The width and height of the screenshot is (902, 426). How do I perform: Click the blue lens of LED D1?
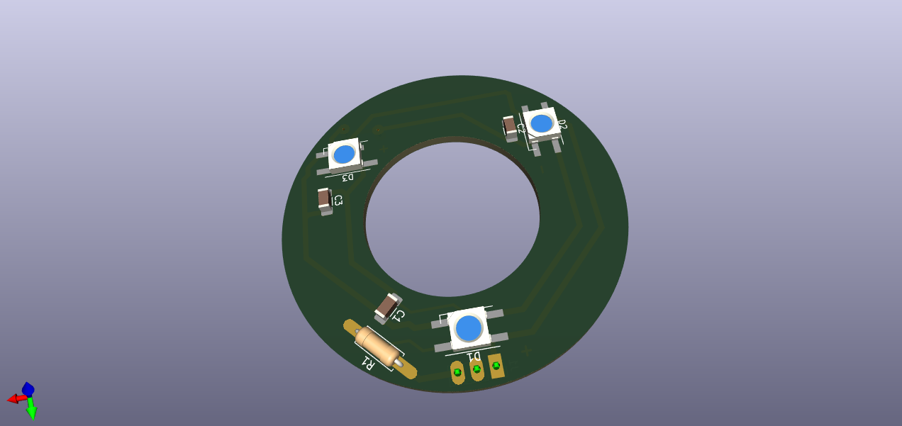[x=469, y=328]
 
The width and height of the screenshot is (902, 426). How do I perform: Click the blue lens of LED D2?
[x=542, y=123]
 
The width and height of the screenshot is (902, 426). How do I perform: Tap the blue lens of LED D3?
[x=344, y=154]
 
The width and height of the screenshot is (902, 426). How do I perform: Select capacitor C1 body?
[x=386, y=307]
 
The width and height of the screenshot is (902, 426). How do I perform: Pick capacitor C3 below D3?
[x=325, y=199]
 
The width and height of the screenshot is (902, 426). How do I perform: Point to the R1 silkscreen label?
[x=368, y=363]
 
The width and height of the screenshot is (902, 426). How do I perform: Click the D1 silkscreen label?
[x=473, y=355]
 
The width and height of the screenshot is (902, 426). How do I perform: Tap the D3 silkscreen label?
[x=347, y=176]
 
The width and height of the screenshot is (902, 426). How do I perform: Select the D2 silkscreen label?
[x=562, y=125]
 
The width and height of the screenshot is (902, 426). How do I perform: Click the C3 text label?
[x=338, y=200]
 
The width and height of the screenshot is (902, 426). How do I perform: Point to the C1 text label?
[x=399, y=315]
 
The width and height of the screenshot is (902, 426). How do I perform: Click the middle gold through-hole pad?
[x=477, y=369]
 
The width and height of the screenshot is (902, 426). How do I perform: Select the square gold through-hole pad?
[x=496, y=366]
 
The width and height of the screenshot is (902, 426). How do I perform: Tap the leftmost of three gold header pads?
[x=457, y=372]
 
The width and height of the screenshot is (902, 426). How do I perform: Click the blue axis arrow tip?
[x=28, y=388]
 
